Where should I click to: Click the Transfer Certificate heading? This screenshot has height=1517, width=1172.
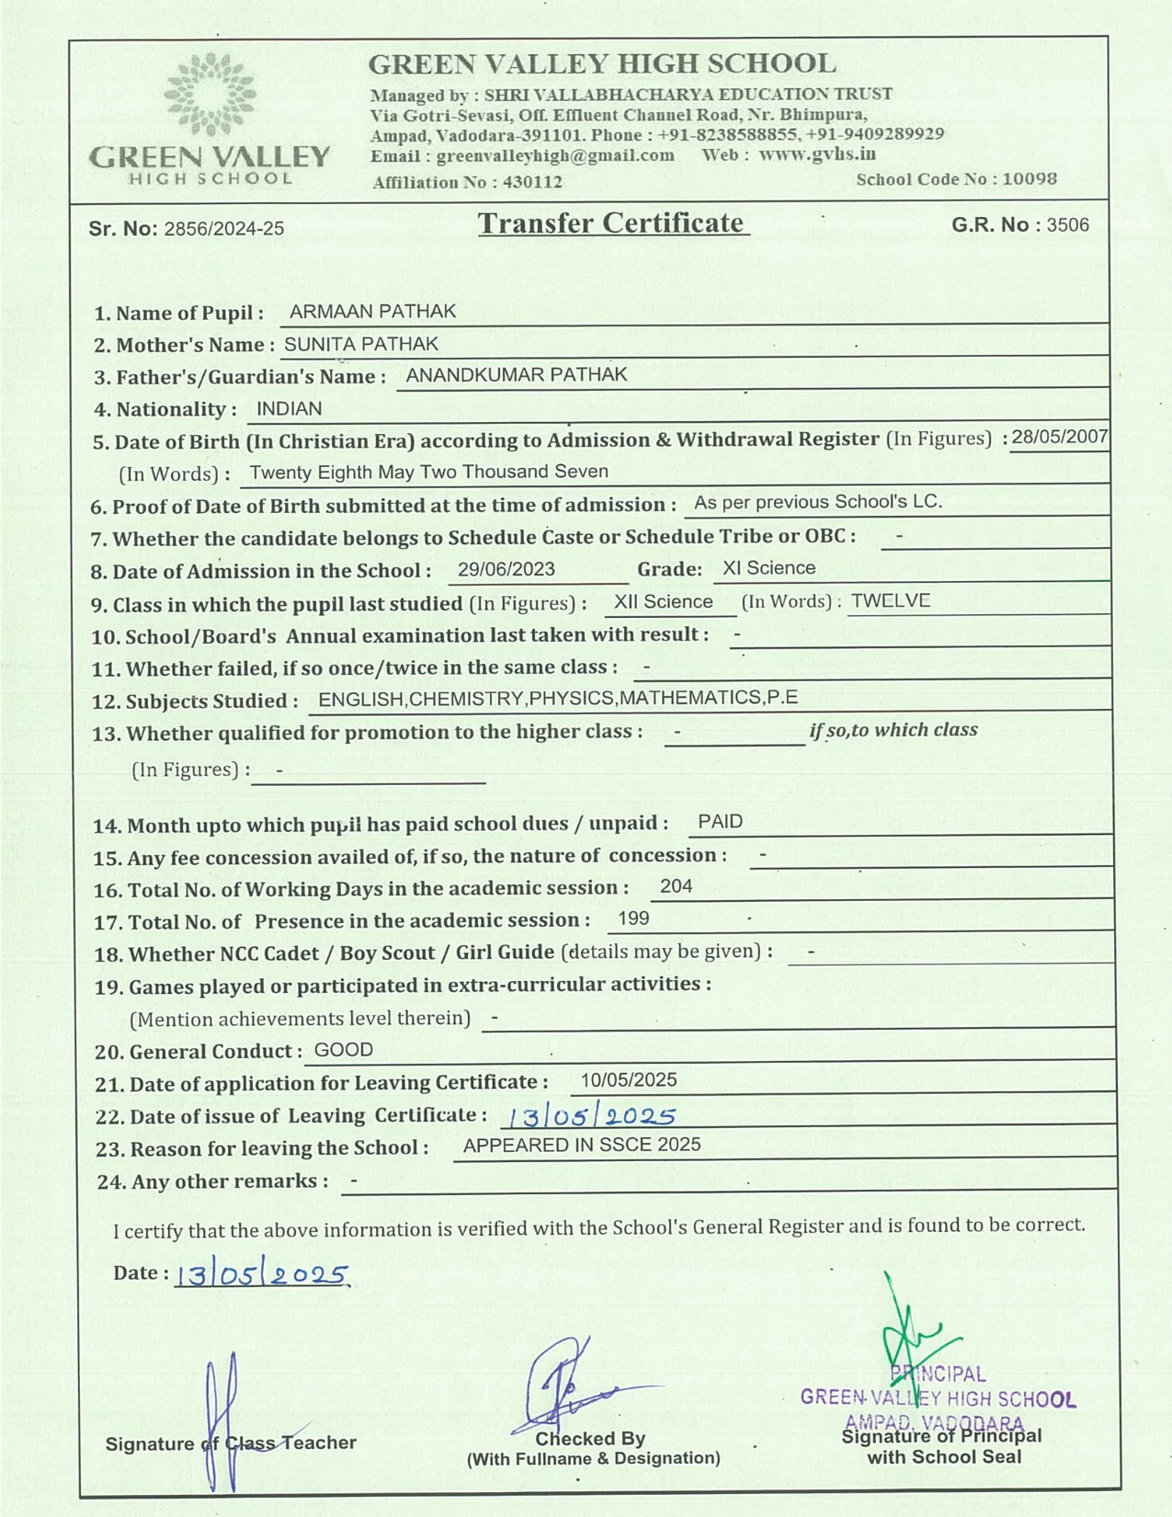click(611, 223)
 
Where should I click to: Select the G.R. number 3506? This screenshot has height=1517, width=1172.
click(1067, 225)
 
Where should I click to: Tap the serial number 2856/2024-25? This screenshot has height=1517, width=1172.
click(223, 229)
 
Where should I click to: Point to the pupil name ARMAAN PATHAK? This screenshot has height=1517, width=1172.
click(372, 312)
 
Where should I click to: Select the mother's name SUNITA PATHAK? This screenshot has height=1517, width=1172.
click(361, 344)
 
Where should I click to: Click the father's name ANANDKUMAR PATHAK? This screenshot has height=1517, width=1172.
click(516, 375)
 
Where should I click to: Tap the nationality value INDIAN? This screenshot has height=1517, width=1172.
click(289, 409)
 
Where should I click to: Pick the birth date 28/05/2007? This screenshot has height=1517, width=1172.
click(1059, 437)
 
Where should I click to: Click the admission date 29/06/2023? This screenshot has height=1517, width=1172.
click(506, 569)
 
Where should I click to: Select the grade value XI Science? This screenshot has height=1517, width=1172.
click(768, 568)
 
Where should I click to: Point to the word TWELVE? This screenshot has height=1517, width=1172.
click(890, 601)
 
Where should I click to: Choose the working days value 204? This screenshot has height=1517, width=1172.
click(676, 886)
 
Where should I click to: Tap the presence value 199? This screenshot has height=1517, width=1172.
click(633, 918)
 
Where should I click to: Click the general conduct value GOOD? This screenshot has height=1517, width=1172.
click(343, 1050)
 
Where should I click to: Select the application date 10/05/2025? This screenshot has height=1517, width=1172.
click(628, 1080)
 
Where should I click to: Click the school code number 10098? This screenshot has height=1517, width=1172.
click(1029, 179)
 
